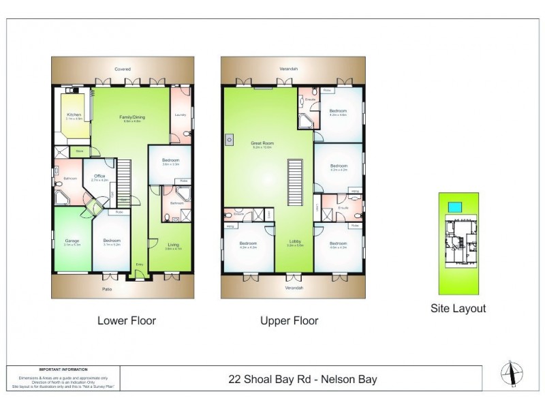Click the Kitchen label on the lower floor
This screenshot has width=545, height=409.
(x=73, y=115)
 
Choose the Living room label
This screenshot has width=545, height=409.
(x=172, y=246)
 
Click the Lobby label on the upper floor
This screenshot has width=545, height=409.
(x=294, y=242)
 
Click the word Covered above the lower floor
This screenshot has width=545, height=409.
(x=123, y=69)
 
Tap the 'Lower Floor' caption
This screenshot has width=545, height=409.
(x=127, y=320)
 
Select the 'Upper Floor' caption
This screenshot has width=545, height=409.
(x=289, y=320)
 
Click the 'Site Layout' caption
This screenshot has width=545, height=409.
(x=458, y=308)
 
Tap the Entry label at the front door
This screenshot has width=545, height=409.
(x=140, y=264)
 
